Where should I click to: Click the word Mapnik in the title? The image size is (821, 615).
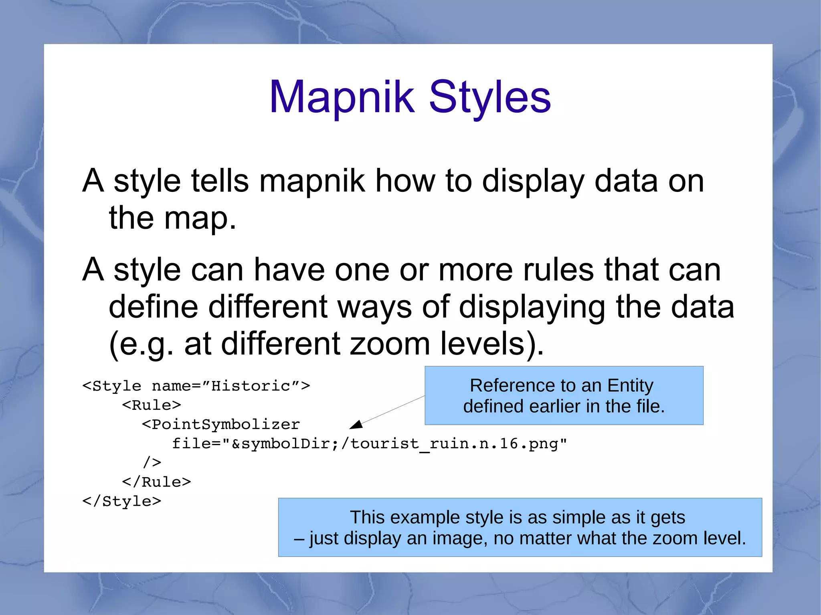[342, 97]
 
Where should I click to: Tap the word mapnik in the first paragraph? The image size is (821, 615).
[312, 181]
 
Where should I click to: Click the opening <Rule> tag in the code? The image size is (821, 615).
[152, 405]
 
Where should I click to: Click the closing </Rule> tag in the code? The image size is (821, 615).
[156, 482]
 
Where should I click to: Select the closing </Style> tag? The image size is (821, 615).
[122, 501]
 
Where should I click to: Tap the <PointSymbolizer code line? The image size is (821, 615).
[220, 424]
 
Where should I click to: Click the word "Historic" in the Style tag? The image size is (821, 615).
[251, 386]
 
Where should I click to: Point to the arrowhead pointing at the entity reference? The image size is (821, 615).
[356, 425]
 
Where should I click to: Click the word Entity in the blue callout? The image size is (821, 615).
[630, 385]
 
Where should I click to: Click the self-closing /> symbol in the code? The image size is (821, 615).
[152, 463]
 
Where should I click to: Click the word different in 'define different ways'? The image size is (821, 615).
[267, 307]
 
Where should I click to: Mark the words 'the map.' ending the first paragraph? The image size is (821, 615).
[172, 218]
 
